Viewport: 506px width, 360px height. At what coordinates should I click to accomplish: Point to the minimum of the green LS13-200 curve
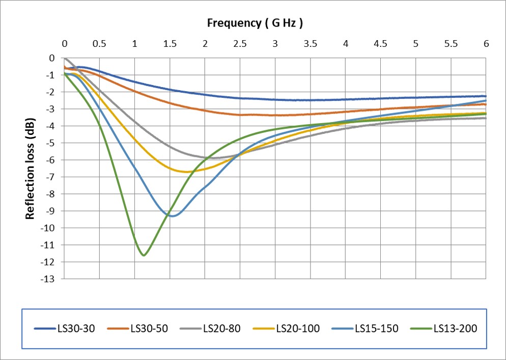(144, 255)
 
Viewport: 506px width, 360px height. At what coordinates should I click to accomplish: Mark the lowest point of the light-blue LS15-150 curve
(173, 216)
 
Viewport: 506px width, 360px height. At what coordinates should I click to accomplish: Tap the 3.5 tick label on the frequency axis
(311, 44)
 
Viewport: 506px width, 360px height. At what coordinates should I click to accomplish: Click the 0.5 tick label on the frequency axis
(99, 44)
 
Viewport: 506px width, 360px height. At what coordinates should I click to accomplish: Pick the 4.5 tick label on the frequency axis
(381, 44)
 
